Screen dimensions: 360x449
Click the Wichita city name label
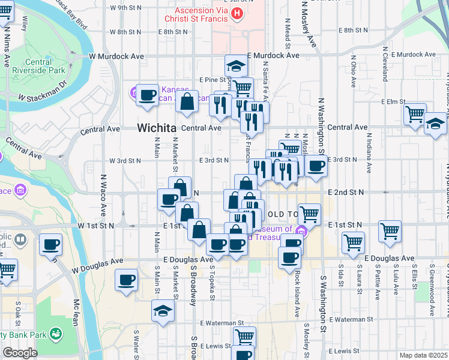pos(156,128)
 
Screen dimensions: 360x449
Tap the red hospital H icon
pos(238,13)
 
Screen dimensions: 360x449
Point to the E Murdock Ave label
pos(277,55)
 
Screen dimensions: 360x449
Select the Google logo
pos(20,353)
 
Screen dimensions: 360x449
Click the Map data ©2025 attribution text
pos(424,355)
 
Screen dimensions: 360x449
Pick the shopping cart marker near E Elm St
pos(415,113)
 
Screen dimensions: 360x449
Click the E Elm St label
pos(397,101)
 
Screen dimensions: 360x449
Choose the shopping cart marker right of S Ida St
pos(353,242)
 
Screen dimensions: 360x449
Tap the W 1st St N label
pos(95,226)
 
